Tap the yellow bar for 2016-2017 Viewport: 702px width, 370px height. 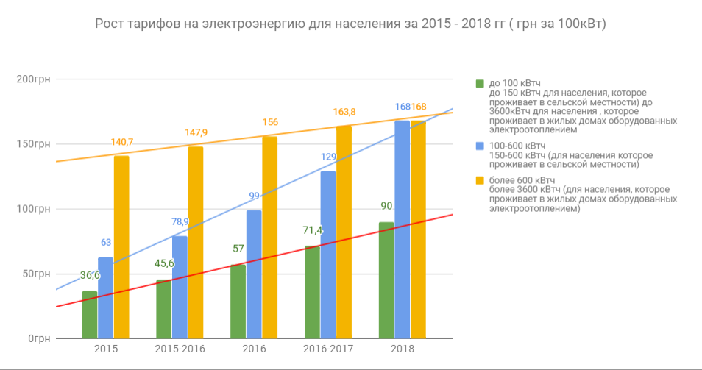[x=344, y=232]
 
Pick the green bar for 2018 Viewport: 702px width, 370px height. [x=386, y=280]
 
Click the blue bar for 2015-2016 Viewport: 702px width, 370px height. [x=180, y=287]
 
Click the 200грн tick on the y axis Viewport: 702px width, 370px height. [x=32, y=79]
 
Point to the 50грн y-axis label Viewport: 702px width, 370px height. [x=35, y=274]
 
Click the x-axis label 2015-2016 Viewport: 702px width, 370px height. [x=180, y=349]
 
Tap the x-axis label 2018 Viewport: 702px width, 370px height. [x=403, y=349]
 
